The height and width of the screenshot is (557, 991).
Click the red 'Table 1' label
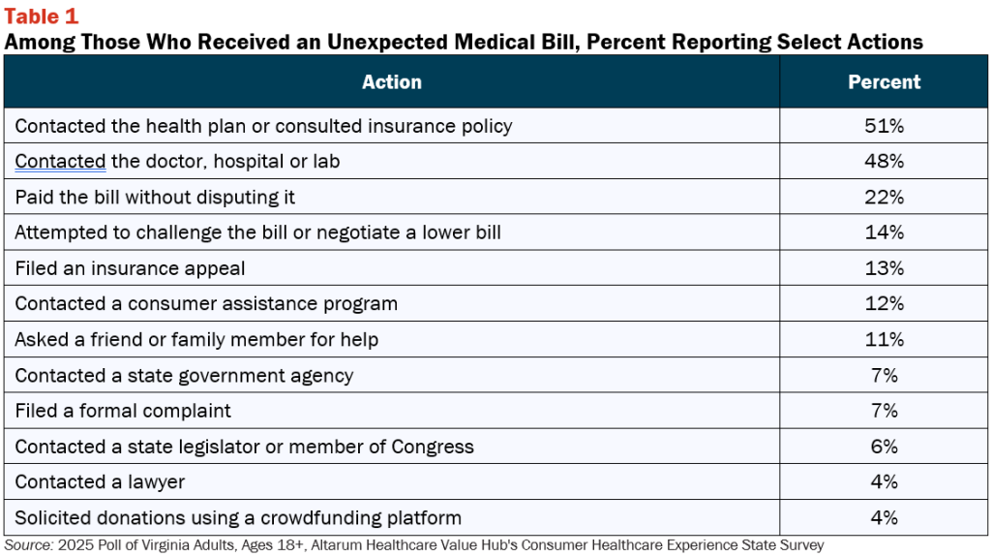pos(41,15)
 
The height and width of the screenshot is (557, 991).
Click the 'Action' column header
pos(392,81)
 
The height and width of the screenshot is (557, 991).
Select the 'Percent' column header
pos(885,81)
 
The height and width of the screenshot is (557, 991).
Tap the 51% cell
pos(885,126)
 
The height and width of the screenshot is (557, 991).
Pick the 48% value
pos(885,162)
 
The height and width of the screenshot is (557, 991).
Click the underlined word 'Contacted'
pos(60,162)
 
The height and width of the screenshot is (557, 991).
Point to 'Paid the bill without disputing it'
pos(155,198)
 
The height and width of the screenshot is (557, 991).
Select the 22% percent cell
pos(885,198)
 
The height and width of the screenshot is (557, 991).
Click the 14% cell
pos(885,232)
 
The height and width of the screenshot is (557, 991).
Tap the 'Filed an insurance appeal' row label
pos(131,268)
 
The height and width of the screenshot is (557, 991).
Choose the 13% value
pos(885,268)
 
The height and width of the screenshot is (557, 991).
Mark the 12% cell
pos(885,304)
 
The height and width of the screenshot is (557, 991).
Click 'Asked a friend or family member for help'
pos(196,340)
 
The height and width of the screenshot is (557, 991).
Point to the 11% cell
pos(885,340)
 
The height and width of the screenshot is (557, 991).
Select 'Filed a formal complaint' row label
pos(123,411)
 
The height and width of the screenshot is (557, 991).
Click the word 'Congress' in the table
pos(433,447)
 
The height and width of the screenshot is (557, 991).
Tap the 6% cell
pos(885,447)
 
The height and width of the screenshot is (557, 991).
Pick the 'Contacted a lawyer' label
pos(100,482)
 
